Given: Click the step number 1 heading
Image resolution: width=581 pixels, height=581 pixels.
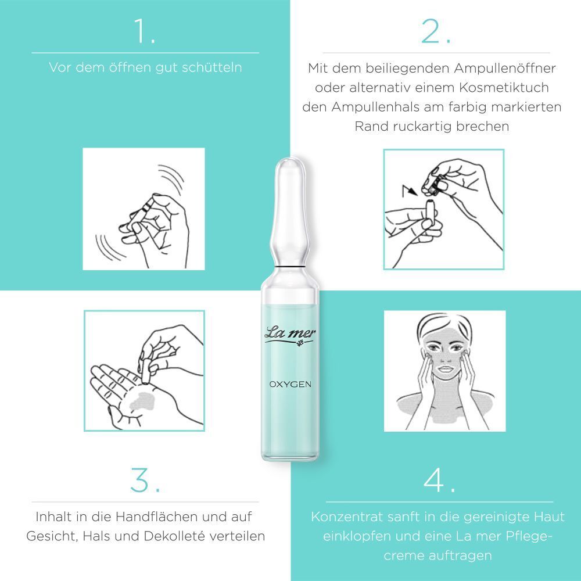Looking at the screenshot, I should point(145,31).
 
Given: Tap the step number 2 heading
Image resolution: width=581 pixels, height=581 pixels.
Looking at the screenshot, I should point(435,31).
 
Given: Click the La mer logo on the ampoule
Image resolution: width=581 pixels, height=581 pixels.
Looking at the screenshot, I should point(290,336).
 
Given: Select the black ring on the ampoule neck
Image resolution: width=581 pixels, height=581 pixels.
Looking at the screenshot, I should point(290,267).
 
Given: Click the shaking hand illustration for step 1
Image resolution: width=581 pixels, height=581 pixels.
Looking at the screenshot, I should point(144,209).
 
